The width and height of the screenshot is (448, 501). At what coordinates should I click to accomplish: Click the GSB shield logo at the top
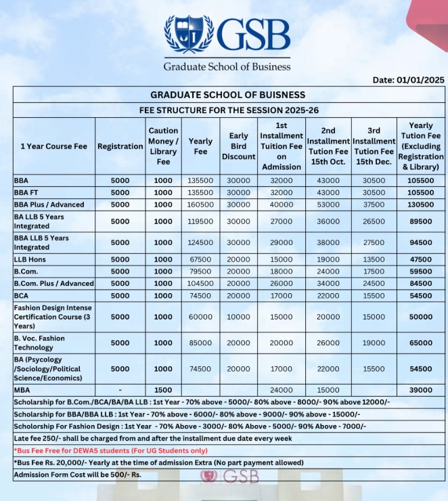tap(189, 35)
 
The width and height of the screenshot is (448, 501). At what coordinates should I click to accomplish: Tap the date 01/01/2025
tap(409, 80)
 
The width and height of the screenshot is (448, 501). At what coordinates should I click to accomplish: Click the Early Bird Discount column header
tap(239, 146)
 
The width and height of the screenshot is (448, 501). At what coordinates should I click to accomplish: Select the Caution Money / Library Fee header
tap(163, 146)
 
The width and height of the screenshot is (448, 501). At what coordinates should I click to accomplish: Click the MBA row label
tap(22, 390)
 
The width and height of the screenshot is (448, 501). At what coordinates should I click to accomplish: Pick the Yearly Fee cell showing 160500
tap(200, 204)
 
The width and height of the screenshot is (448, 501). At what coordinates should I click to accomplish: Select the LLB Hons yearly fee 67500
tap(200, 259)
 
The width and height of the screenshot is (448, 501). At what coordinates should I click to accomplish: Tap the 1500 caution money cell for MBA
tap(163, 390)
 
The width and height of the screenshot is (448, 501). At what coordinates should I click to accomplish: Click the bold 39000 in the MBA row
tap(420, 390)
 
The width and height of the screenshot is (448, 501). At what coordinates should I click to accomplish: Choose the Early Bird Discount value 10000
tap(239, 317)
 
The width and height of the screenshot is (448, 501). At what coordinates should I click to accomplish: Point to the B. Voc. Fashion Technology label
tap(40, 343)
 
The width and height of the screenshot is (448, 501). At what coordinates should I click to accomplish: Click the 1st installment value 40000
tap(281, 204)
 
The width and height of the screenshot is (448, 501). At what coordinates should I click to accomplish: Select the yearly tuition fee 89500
tap(420, 221)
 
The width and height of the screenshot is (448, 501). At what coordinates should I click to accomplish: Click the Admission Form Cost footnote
tap(77, 475)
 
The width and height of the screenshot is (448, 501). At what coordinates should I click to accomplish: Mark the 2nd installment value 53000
tap(328, 204)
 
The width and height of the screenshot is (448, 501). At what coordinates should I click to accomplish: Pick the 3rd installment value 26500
tap(374, 221)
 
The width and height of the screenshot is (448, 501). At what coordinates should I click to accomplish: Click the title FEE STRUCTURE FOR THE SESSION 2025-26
tap(228, 110)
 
